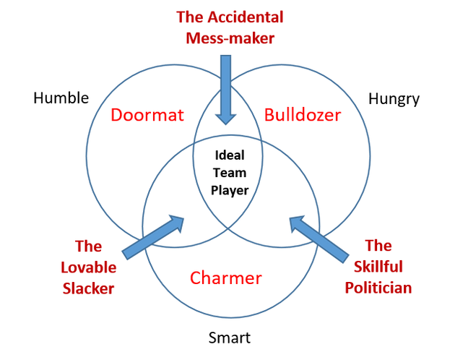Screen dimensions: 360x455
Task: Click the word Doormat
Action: [148, 114]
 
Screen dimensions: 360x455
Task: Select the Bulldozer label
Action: [302, 114]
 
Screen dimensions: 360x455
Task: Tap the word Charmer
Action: [226, 278]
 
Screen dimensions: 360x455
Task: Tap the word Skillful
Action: [378, 266]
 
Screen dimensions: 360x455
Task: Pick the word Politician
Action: [378, 287]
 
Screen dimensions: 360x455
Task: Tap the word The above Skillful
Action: [378, 246]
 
